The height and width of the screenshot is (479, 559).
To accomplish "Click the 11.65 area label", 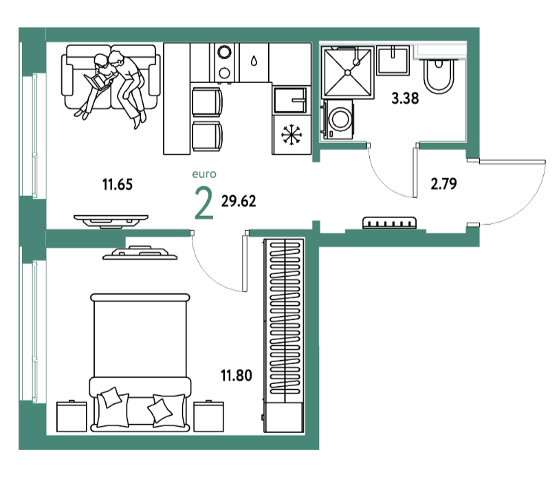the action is click(x=118, y=185).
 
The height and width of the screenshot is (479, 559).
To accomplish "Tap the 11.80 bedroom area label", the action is click(x=237, y=375).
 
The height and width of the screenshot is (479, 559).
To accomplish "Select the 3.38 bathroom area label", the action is click(x=405, y=98).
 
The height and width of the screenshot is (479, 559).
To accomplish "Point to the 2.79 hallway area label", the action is click(x=444, y=183).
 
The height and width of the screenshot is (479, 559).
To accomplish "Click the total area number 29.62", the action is click(x=239, y=201).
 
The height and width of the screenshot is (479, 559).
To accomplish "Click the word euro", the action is click(x=204, y=174).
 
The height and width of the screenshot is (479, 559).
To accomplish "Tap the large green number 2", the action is click(x=204, y=203).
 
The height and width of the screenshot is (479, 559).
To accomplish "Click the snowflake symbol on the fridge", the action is click(x=292, y=135).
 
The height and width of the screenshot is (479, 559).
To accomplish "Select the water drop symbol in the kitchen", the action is click(x=254, y=61).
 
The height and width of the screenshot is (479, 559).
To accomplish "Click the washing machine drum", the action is click(x=340, y=119).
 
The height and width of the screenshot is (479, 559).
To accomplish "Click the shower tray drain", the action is click(x=348, y=73).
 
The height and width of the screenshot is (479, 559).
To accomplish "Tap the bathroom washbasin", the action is click(x=393, y=60).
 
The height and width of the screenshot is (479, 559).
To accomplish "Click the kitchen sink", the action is click(x=290, y=100).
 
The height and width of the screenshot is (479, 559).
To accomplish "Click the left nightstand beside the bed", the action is click(x=72, y=416).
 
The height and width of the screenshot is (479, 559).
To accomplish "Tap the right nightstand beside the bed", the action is click(x=209, y=416).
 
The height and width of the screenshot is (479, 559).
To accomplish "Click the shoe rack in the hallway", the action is click(x=389, y=223).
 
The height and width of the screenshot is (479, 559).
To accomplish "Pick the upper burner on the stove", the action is click(x=224, y=52).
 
